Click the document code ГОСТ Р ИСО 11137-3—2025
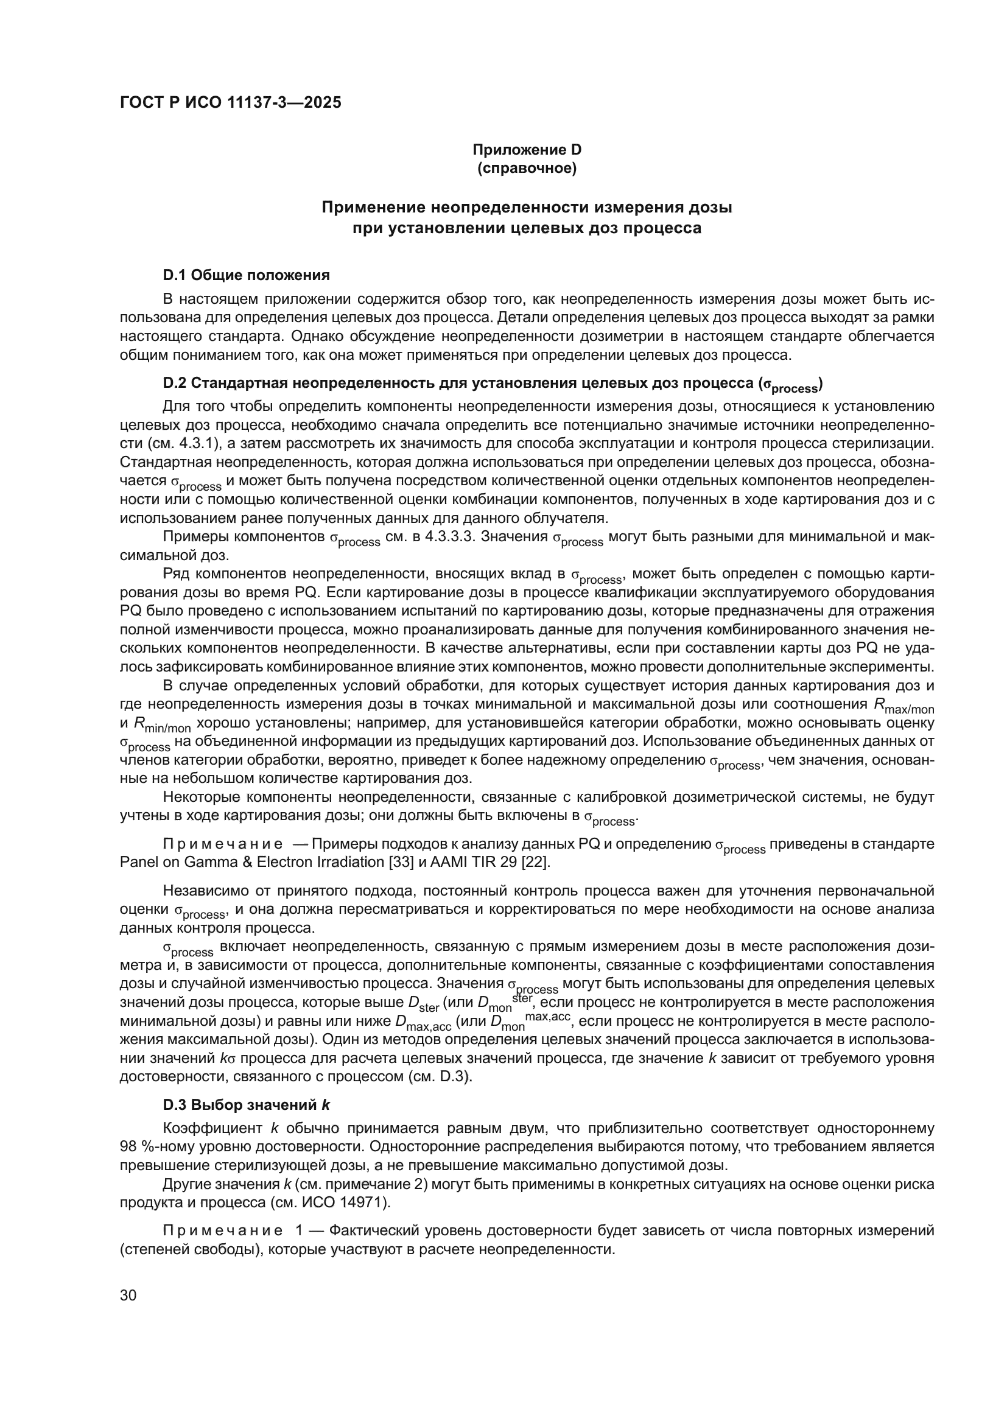(x=230, y=103)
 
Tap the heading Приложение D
(x=527, y=150)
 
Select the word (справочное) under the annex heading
(x=527, y=168)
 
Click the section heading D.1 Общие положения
(x=246, y=275)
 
